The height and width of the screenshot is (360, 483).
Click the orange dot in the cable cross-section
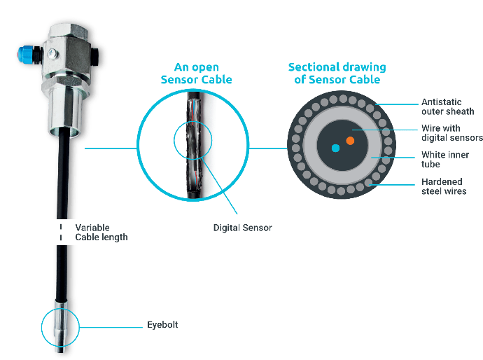coord(350,141)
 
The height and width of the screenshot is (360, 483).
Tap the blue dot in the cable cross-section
coord(335,148)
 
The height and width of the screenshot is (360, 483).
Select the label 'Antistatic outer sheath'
coord(447,106)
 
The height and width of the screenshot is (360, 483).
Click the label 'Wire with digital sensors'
coord(452,133)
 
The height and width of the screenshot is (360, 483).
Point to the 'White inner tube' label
coord(445,160)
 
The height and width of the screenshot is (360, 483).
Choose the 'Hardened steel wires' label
coord(444,186)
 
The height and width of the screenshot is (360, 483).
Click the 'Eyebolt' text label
coord(162,325)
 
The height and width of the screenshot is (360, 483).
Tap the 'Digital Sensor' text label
coord(242,228)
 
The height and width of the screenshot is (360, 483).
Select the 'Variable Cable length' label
coord(101,233)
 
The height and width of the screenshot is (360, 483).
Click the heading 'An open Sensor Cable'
coord(196,74)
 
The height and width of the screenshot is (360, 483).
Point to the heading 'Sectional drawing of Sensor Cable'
coord(337,74)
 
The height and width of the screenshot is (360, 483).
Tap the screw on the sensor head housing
coord(53,54)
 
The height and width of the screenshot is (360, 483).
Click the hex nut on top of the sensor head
coord(69,31)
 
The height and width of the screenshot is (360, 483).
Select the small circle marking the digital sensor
coord(192,140)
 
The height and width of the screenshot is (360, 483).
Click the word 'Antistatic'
coord(442,102)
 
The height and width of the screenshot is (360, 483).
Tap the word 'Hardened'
coord(442,181)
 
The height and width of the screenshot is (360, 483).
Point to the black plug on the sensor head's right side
coord(94,57)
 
